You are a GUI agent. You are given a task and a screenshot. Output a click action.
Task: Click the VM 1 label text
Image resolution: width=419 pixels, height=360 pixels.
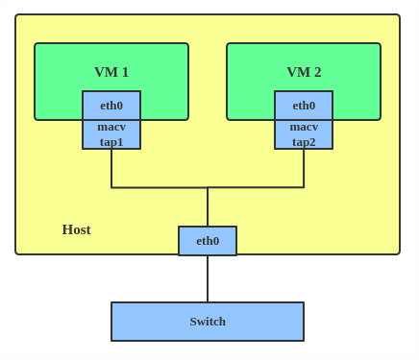click(x=111, y=72)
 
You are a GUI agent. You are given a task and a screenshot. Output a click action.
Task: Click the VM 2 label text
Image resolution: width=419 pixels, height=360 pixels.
click(x=304, y=72)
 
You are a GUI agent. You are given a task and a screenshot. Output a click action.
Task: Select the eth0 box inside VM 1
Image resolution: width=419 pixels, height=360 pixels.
click(x=111, y=106)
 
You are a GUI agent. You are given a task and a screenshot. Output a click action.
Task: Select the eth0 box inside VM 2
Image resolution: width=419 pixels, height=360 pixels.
click(x=304, y=106)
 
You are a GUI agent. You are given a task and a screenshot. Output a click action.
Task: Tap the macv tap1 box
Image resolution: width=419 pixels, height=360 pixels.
click(x=111, y=134)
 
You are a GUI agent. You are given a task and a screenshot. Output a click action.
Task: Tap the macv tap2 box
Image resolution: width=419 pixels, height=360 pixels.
click(x=304, y=134)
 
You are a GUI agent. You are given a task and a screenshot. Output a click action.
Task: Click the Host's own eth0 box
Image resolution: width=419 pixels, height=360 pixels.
click(x=208, y=241)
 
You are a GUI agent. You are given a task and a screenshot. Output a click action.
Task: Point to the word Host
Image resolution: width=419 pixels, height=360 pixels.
click(x=76, y=229)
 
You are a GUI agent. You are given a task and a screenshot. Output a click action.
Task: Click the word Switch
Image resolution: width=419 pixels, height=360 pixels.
click(x=208, y=322)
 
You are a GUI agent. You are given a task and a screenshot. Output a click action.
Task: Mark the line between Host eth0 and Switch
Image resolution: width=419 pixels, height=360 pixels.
click(x=208, y=278)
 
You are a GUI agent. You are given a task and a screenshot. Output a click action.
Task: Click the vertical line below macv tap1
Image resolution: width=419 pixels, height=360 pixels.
click(x=111, y=168)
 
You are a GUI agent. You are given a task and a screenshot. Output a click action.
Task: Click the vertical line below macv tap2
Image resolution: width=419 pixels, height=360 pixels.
click(x=304, y=168)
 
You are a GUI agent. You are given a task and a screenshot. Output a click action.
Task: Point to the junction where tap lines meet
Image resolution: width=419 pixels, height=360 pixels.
click(x=208, y=187)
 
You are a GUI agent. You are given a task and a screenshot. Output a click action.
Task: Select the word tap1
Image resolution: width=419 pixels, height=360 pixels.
click(x=111, y=142)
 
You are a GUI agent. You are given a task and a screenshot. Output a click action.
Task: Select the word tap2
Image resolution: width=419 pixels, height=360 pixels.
click(x=304, y=142)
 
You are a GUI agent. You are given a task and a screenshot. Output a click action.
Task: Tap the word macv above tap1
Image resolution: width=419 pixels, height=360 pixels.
click(x=111, y=127)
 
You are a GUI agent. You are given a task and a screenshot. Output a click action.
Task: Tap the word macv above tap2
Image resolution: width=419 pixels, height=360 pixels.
click(x=304, y=127)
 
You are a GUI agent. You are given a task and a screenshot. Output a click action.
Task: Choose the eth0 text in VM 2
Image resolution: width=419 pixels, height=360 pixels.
click(x=304, y=106)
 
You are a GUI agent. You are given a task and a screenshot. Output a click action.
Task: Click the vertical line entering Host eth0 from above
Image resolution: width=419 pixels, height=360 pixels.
click(x=208, y=207)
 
